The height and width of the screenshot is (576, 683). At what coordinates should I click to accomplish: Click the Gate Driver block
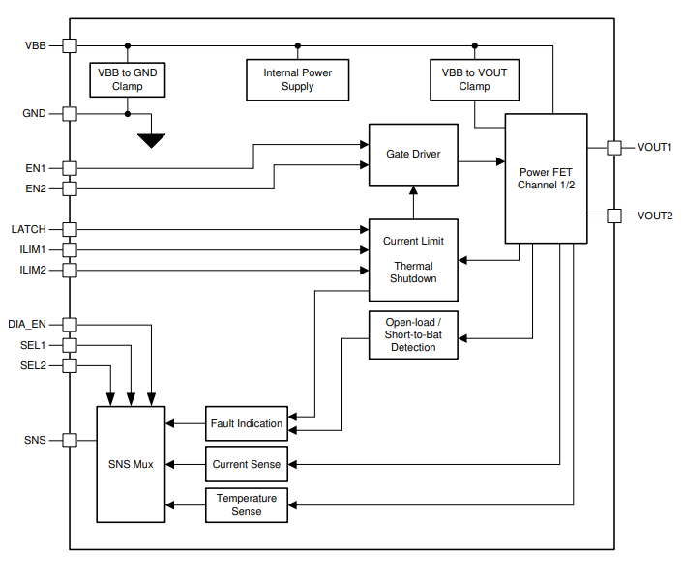(x=413, y=155)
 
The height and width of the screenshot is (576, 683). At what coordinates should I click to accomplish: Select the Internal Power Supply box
(x=297, y=79)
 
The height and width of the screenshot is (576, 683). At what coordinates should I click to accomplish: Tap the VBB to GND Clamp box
(x=127, y=79)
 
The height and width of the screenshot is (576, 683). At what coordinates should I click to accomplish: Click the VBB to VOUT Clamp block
(x=474, y=79)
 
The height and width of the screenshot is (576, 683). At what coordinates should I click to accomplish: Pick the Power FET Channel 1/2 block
(x=546, y=178)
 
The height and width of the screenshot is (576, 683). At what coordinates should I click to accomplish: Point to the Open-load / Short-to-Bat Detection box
(x=413, y=334)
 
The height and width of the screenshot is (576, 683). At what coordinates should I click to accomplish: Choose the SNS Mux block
(x=131, y=464)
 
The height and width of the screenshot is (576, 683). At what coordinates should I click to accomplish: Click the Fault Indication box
(x=247, y=423)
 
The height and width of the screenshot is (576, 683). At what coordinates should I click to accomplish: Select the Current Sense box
(x=247, y=464)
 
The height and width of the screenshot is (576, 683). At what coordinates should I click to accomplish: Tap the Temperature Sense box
(x=247, y=504)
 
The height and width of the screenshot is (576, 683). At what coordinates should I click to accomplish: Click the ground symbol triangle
(x=151, y=140)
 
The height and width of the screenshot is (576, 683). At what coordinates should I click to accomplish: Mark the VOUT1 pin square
(x=613, y=147)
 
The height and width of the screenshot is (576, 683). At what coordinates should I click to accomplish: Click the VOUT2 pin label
(x=654, y=216)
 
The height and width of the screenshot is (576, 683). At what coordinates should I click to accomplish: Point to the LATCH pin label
(x=29, y=229)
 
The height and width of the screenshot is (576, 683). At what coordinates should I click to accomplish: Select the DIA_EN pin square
(x=69, y=325)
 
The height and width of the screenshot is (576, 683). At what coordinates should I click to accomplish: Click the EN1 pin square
(x=69, y=168)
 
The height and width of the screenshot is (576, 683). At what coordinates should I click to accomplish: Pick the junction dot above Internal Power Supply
(x=297, y=45)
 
